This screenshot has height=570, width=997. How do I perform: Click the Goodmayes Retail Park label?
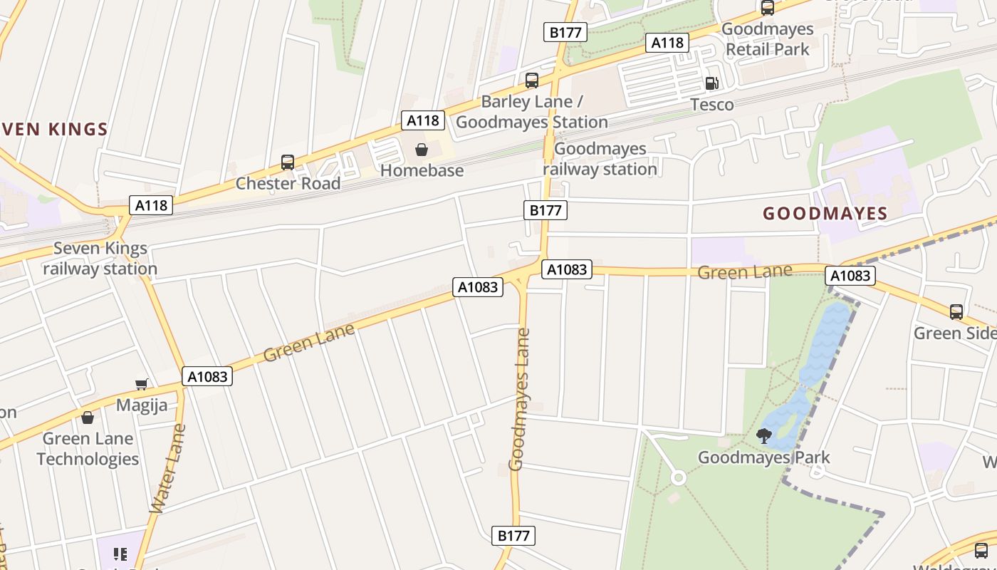[767, 39]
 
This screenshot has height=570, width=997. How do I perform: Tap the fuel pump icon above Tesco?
[711, 83]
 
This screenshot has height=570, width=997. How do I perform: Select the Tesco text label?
[711, 105]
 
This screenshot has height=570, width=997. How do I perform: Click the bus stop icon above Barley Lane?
[531, 81]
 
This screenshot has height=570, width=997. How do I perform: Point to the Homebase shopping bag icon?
[422, 150]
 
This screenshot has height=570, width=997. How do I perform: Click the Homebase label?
[422, 170]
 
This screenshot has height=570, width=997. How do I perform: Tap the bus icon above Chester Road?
[288, 162]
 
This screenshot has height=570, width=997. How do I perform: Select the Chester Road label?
[288, 183]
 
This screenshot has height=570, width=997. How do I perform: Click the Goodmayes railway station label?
[600, 159]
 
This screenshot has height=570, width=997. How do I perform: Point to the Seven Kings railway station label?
[100, 259]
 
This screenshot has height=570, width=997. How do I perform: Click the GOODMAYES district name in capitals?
[825, 214]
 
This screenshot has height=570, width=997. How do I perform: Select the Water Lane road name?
[168, 469]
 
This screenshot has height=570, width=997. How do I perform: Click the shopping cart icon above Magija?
[142, 385]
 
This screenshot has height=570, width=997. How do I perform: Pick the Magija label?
[142, 405]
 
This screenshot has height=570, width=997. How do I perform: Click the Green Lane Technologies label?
[88, 448]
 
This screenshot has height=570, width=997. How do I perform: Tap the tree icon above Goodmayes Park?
[764, 436]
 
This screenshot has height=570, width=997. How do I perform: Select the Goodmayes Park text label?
[763, 457]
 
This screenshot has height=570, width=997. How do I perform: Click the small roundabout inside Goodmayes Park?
[678, 477]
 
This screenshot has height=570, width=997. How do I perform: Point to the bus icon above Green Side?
[956, 312]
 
